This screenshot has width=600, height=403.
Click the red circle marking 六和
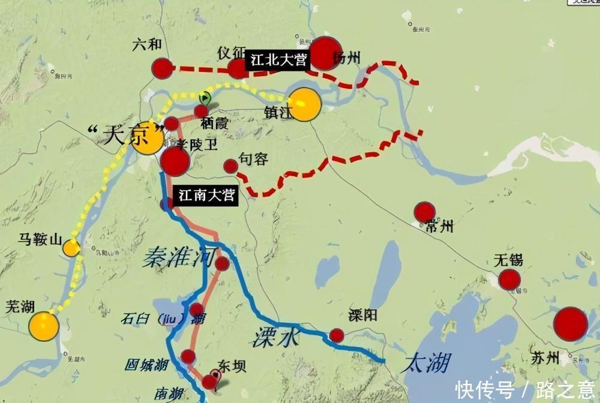pos(162,68)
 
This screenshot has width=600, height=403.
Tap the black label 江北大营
pos(278,60)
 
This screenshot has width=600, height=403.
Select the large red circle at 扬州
pos(325,53)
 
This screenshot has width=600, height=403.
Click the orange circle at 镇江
pos(304,104)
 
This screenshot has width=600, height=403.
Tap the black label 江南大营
pos(206,196)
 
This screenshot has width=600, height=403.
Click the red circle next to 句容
pos(230,166)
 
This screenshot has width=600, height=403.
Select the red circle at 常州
pos(424,212)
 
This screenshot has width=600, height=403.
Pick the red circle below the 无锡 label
pos(509,279)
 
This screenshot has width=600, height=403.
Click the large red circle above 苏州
pos(570,324)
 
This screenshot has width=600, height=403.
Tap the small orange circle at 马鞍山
pos(71,248)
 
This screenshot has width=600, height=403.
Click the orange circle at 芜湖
pos(44,326)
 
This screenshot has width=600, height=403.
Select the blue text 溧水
pos(275,337)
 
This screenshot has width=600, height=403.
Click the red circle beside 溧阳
pos(337,335)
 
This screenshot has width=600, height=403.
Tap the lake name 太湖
pos(427,362)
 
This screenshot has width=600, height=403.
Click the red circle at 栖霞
pos(201,111)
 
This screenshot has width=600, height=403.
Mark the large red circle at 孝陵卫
pos(175,162)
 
